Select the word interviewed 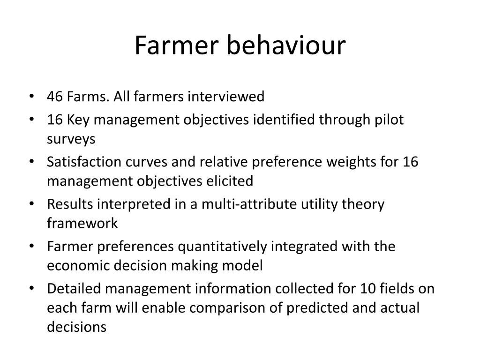coord(226,97)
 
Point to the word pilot coord(387,120)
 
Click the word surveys coord(71,139)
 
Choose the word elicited coord(230,180)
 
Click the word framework coord(82,223)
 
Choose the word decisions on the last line coord(76,327)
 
